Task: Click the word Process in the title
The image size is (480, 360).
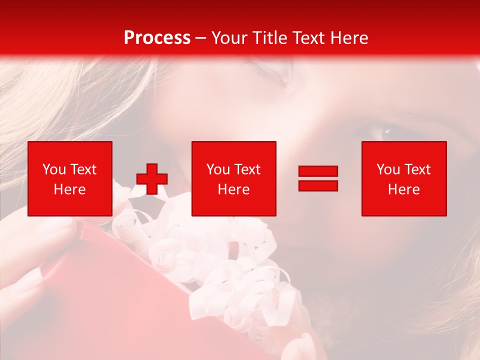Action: point(157,38)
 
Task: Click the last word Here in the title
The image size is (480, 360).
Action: point(348,38)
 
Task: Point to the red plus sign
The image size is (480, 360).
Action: point(152,178)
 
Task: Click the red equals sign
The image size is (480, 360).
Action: point(318,178)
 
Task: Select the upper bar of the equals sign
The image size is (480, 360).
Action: point(318,171)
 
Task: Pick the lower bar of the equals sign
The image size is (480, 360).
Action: point(318,185)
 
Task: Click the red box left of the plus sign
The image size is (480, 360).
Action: point(70,178)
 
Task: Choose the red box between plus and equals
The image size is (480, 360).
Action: point(233,178)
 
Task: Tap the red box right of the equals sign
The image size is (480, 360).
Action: point(404,178)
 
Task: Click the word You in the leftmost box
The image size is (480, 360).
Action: point(53,169)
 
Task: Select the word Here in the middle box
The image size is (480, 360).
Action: point(233,189)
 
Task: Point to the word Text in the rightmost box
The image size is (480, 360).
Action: point(417,169)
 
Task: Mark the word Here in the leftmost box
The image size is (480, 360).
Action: point(70,189)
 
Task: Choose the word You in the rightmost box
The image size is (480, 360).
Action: point(388,169)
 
